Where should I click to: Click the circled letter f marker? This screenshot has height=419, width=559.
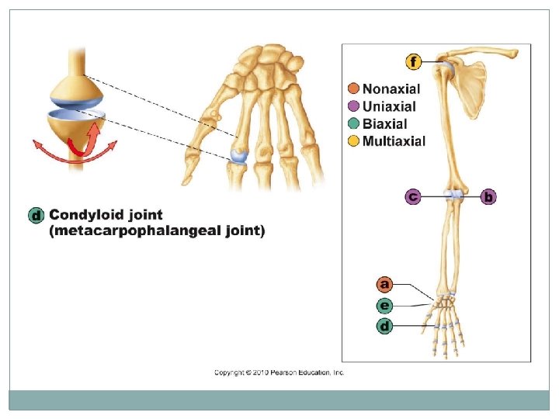(x=415, y=61)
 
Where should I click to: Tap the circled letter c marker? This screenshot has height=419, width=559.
(x=413, y=197)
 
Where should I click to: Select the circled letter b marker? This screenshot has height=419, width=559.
(x=488, y=197)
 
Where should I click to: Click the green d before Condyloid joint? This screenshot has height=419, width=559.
(x=35, y=215)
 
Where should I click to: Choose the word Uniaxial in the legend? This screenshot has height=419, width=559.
(x=389, y=106)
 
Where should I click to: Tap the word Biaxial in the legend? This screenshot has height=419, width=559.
(x=384, y=123)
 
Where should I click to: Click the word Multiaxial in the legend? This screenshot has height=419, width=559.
(x=394, y=140)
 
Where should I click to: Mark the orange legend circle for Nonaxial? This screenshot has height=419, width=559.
(x=354, y=89)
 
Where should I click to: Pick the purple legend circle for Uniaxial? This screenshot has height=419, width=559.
(x=354, y=106)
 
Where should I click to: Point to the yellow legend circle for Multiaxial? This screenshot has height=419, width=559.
(x=354, y=140)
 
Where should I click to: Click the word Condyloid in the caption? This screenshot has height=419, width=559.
(x=83, y=215)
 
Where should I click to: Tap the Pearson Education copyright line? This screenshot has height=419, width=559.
(x=279, y=372)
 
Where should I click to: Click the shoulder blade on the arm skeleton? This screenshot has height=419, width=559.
(x=470, y=85)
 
